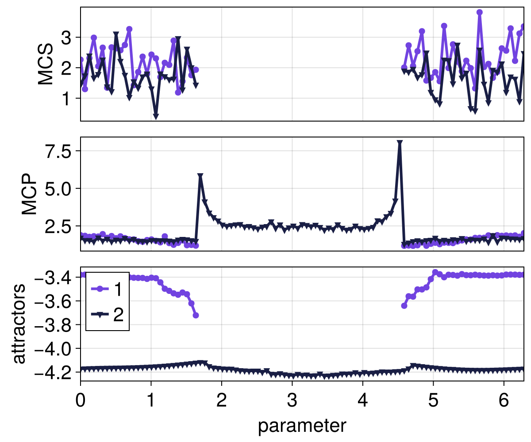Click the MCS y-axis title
pyautogui.click(x=46, y=64)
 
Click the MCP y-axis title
pyautogui.click(x=30, y=194)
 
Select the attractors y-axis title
pyautogui.click(x=19, y=324)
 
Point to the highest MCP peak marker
pyautogui.click(x=400, y=143)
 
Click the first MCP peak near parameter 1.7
pyautogui.click(x=200, y=176)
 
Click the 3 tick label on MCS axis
pyautogui.click(x=66, y=38)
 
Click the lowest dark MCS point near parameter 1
pyautogui.click(x=156, y=116)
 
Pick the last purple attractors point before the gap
pyautogui.click(x=196, y=315)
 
